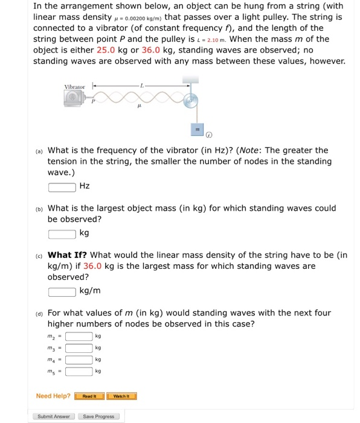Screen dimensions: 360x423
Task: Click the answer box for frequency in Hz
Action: tap(62, 186)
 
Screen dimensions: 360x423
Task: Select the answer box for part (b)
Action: tap(62, 233)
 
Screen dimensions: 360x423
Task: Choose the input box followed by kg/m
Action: tap(62, 291)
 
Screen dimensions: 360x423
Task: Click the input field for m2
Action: tap(79, 336)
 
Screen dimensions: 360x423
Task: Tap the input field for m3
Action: tap(79, 347)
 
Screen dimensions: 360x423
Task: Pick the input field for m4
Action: tap(79, 359)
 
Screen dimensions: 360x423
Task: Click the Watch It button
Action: tap(121, 396)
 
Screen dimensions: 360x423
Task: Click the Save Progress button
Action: tap(98, 416)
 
